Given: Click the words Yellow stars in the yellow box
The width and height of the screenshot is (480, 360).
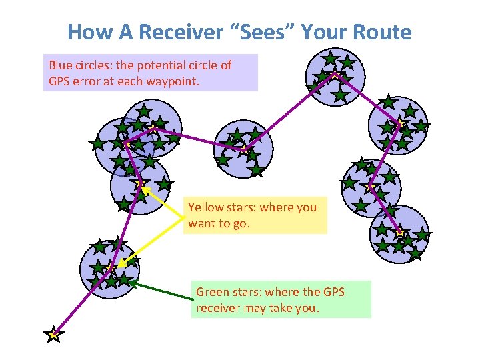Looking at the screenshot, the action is tap(221, 207).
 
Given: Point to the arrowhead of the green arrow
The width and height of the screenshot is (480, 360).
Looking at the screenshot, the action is tap(132, 283).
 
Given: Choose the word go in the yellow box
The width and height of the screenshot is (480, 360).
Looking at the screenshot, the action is tap(239, 223).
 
